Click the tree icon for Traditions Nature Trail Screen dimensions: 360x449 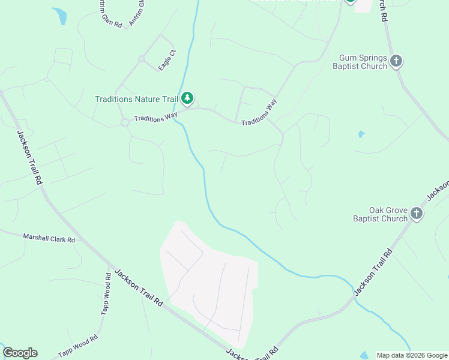188,97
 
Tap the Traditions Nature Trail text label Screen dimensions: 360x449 137,99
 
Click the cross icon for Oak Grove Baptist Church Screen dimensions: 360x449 417,213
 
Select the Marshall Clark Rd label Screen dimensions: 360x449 49,239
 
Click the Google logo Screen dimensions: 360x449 20,353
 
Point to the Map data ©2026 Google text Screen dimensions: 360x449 411,355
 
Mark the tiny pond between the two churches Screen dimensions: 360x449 361,134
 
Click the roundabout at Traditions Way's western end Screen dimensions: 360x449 125,122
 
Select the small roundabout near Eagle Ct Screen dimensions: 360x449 142,59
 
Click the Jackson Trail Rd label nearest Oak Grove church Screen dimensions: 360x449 373,272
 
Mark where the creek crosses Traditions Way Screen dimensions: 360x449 182,110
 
